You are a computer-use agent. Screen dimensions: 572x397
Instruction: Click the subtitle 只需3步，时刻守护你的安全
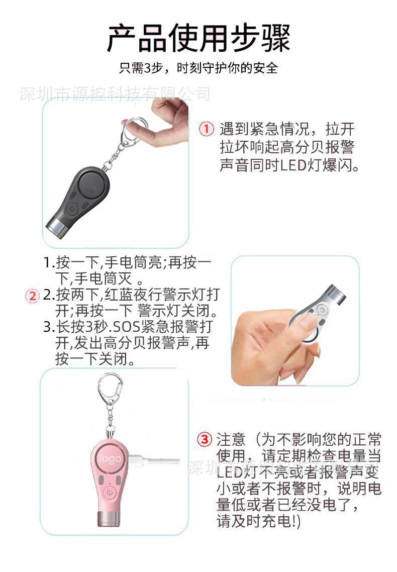coord(198,68)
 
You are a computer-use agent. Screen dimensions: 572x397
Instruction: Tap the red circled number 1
coord(207,129)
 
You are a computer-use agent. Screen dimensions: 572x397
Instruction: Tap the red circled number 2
coord(32,296)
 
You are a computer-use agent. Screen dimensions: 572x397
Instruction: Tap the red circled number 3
coord(204,439)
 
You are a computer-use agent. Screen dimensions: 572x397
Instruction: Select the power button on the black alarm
coord(73,208)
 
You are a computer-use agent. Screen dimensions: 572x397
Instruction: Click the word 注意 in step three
coord(231,439)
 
